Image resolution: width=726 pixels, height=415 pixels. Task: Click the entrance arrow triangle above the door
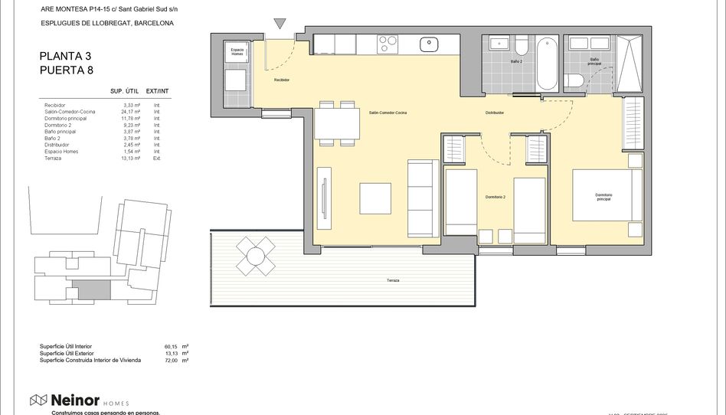(280, 25)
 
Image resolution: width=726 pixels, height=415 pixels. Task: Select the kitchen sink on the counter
(428, 44)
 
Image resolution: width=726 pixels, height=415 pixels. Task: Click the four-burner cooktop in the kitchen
(388, 44)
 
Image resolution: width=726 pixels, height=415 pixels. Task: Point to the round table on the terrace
(255, 255)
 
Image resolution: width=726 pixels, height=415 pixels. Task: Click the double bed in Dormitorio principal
(607, 197)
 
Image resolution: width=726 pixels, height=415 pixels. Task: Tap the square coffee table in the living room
(376, 199)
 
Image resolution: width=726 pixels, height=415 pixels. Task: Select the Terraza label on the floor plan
(393, 280)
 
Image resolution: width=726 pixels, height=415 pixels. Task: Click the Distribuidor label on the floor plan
(494, 113)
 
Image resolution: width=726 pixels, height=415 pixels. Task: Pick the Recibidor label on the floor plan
(282, 80)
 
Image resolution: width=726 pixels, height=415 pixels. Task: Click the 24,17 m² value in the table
(132, 112)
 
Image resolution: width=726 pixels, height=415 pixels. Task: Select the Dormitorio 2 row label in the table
(57, 125)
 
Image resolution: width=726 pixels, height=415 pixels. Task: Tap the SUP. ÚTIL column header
(123, 91)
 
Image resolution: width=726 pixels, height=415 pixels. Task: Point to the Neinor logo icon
(39, 400)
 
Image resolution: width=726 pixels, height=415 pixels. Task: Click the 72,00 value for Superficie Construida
(170, 359)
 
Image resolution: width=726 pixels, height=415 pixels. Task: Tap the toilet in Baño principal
(574, 80)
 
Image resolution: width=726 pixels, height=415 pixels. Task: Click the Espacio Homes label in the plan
(237, 51)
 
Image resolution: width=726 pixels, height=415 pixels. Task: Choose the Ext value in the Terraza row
(156, 158)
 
